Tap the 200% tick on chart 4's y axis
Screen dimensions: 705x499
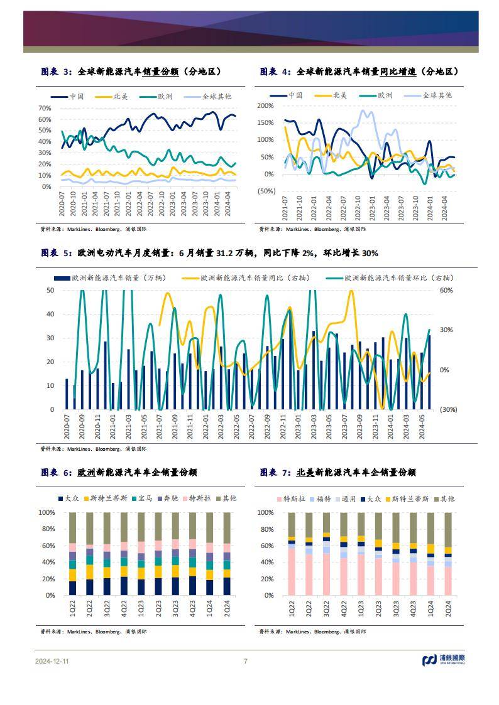pyautogui.click(x=266, y=106)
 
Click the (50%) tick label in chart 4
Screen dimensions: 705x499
pyautogui.click(x=266, y=191)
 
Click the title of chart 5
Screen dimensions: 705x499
pyautogui.click(x=209, y=253)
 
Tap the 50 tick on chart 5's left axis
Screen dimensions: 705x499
pyautogui.click(x=50, y=290)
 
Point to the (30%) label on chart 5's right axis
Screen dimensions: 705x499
pyautogui.click(x=447, y=409)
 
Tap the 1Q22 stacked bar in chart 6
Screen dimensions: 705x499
pyautogui.click(x=73, y=554)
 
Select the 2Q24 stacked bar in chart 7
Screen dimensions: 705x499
pyautogui.click(x=448, y=554)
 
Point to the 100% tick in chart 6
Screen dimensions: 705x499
pyautogui.click(x=47, y=513)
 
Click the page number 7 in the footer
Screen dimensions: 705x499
pyautogui.click(x=246, y=660)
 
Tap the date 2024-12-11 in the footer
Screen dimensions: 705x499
pyautogui.click(x=53, y=660)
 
